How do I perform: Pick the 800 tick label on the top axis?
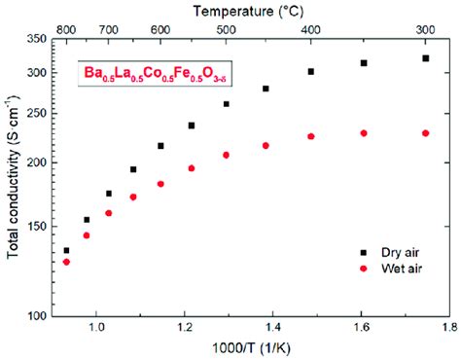coord(65,29)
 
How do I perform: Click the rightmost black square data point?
coord(426,58)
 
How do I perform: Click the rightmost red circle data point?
coord(426,133)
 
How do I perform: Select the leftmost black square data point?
coord(66,251)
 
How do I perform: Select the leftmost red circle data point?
coord(66,262)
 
